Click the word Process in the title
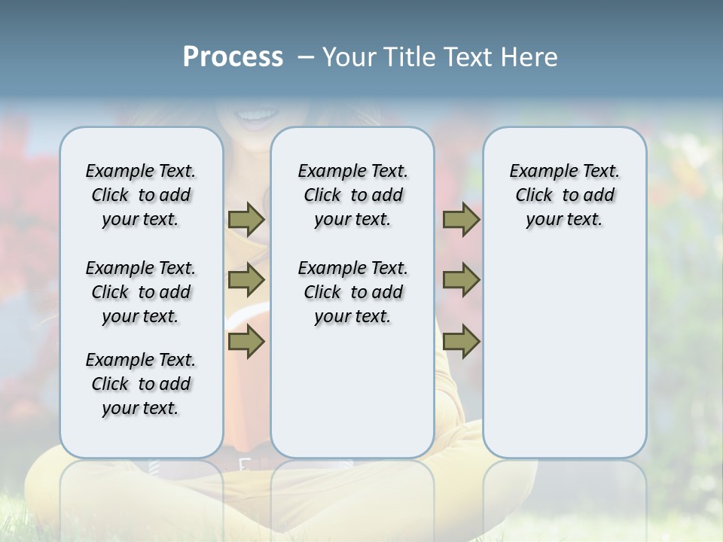coord(233,57)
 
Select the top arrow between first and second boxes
coord(246,219)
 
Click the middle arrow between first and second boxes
coord(246,280)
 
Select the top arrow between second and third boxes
coord(461,219)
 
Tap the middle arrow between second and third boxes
coord(461,280)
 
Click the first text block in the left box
coord(141,195)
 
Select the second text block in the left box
coord(141,292)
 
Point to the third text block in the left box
coord(141,384)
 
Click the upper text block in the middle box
coord(352,195)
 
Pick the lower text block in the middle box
coord(352,292)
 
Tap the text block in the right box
coord(565,195)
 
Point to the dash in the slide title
coord(306,57)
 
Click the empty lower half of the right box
coord(565,361)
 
